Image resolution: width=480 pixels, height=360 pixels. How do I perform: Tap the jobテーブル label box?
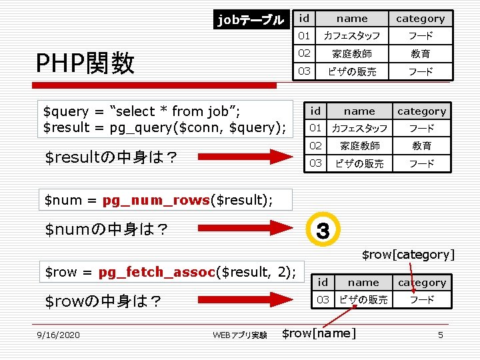(251, 20)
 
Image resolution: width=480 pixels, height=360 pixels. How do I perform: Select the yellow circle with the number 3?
(323, 231)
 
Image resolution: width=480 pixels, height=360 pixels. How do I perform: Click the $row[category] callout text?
(408, 254)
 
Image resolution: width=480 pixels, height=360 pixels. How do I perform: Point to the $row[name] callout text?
(319, 333)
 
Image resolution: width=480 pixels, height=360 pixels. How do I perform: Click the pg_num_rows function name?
(156, 199)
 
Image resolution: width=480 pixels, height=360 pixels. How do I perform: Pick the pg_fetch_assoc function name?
(157, 271)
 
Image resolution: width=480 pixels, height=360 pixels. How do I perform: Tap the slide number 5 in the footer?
(440, 335)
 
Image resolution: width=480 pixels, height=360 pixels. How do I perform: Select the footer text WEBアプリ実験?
(240, 335)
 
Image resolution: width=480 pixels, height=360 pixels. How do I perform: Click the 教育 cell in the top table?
(420, 53)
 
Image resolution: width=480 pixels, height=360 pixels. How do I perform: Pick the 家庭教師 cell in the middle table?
(360, 145)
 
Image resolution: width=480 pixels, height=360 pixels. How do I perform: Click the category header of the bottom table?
(421, 283)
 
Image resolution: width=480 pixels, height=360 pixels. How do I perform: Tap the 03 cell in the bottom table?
(323, 300)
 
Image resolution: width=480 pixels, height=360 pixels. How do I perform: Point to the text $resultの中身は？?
(111, 157)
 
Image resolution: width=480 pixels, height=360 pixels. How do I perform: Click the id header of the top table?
(304, 18)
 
